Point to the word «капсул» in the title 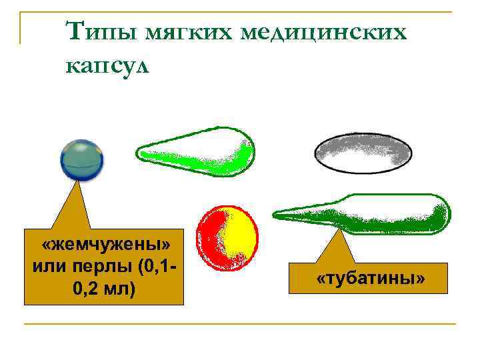pos(110,66)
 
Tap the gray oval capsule pos(363,153)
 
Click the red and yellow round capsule pos(227,235)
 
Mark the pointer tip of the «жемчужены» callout pos(79,182)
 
